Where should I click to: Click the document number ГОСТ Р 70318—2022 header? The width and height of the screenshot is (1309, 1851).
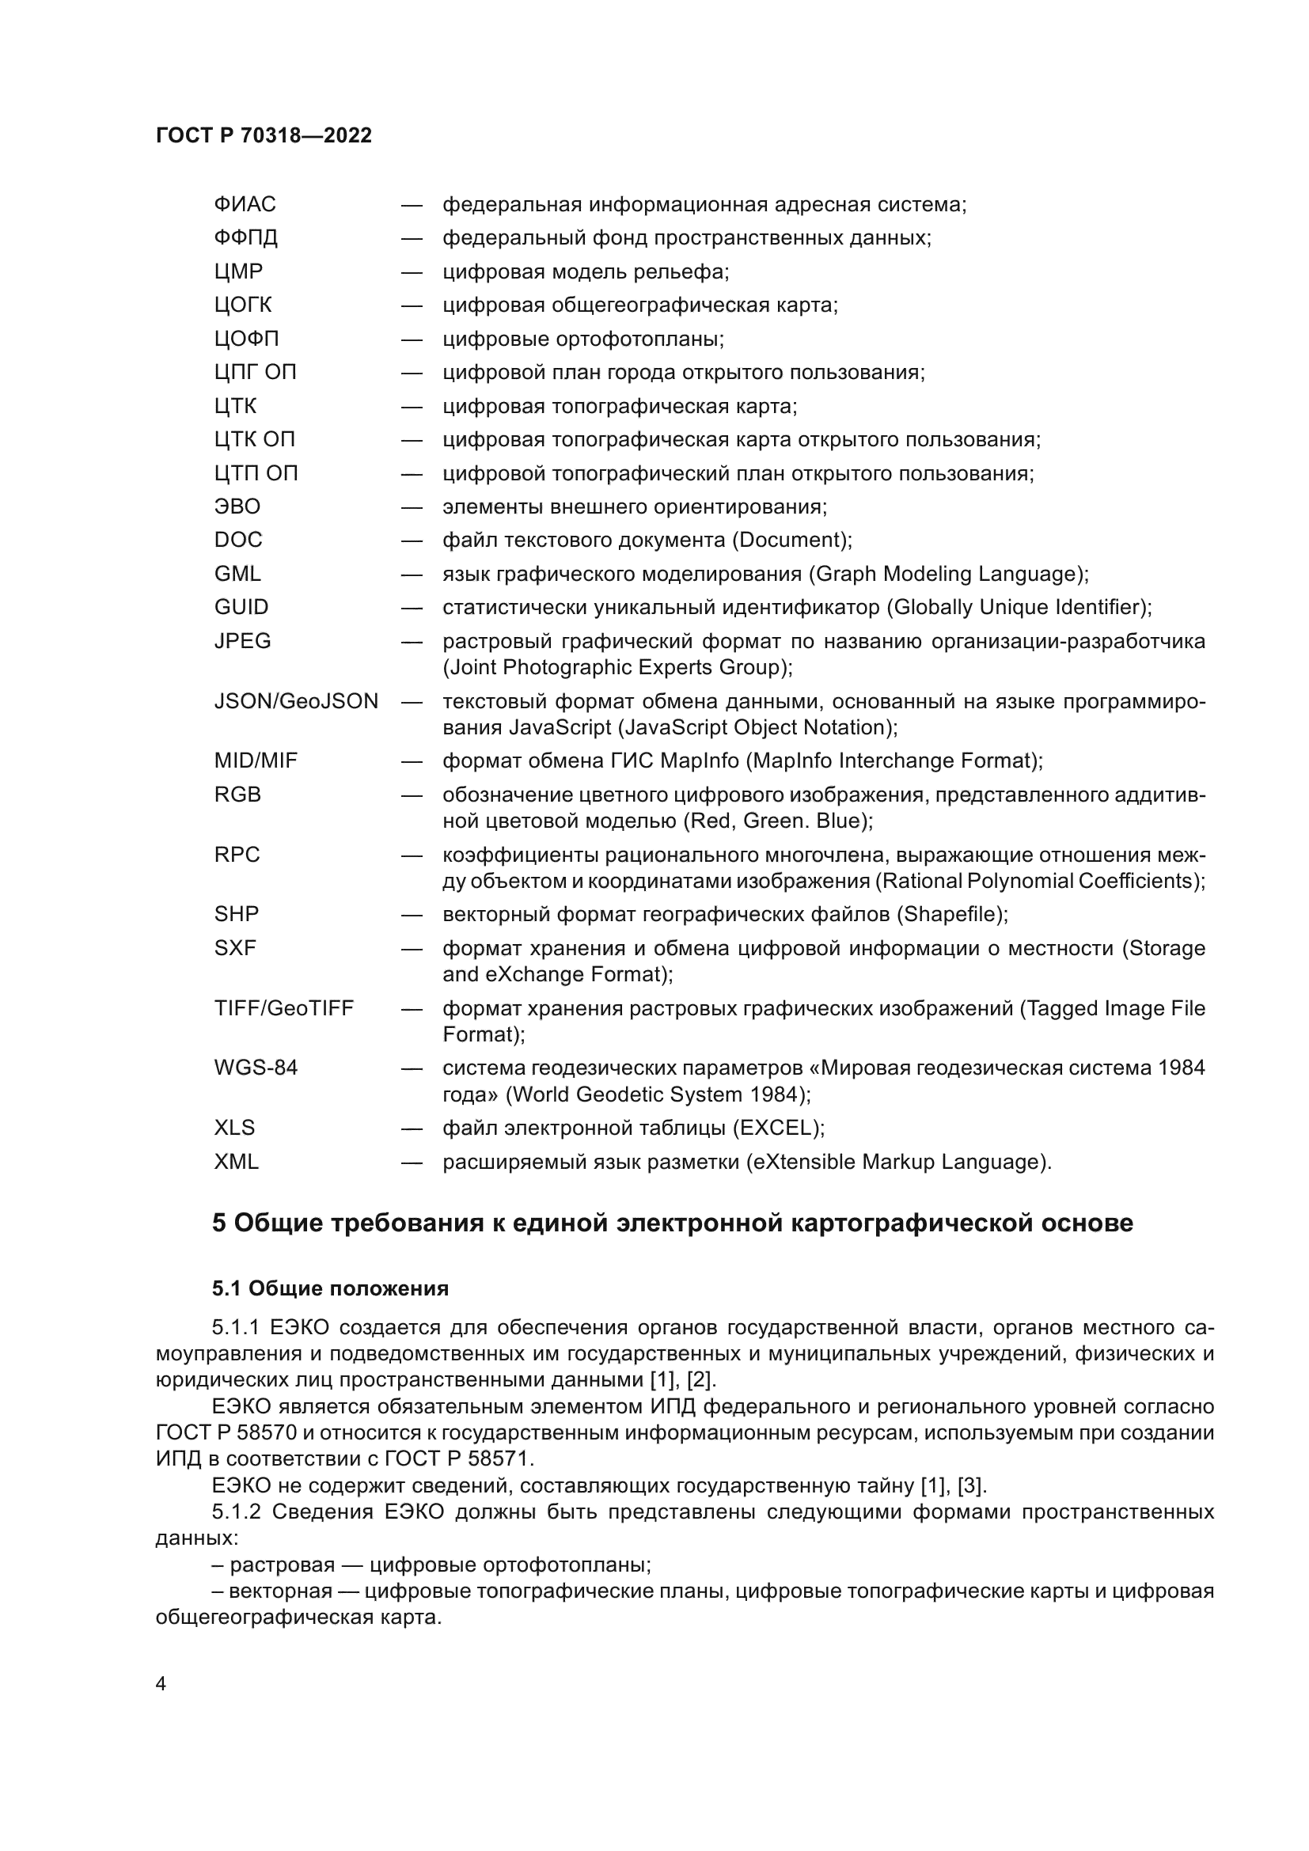(x=264, y=135)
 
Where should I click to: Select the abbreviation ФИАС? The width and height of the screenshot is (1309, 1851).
(x=245, y=205)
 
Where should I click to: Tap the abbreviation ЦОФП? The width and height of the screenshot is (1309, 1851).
(x=246, y=339)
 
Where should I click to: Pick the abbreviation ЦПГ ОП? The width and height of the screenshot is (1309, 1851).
(x=255, y=373)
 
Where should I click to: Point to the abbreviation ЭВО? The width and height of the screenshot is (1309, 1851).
(x=237, y=506)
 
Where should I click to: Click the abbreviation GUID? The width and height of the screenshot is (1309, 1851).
(x=241, y=607)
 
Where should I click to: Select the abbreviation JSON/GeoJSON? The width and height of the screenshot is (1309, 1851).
(x=296, y=701)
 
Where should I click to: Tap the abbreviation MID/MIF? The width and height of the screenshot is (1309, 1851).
(x=256, y=761)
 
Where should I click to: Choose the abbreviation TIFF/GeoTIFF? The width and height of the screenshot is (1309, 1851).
(x=284, y=1008)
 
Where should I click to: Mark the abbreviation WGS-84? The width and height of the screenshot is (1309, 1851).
(x=256, y=1068)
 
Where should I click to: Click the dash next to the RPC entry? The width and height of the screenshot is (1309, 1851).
(x=412, y=855)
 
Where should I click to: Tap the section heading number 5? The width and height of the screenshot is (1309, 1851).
(x=219, y=1223)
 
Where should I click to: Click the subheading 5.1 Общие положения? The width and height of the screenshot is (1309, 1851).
(x=330, y=1289)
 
